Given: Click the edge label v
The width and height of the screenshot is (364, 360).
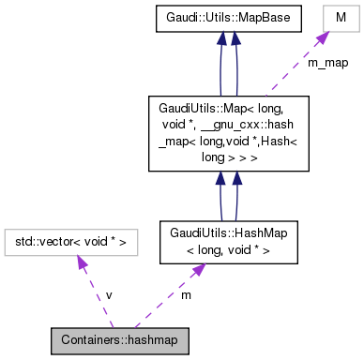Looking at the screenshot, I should (x=109, y=295).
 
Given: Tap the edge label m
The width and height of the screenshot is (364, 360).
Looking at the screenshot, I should (x=186, y=295).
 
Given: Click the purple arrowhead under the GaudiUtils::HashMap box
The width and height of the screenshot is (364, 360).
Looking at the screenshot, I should (x=198, y=270).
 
